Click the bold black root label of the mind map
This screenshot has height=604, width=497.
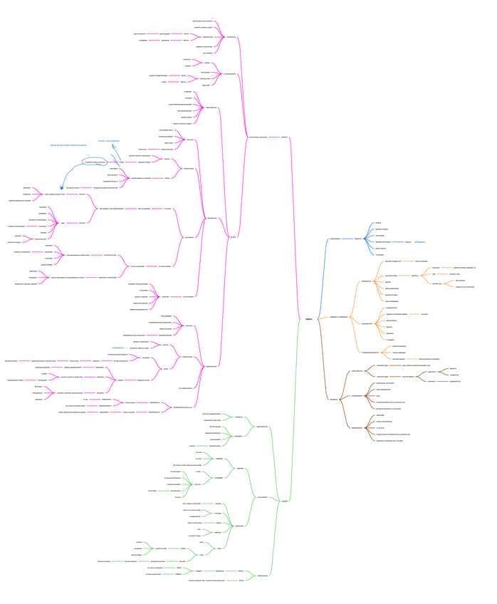coord(308,320)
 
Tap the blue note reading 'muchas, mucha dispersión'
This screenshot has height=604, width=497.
coord(109,141)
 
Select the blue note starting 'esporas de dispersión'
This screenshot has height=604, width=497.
coord(68,145)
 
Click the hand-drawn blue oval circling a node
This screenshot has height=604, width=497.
coord(95,162)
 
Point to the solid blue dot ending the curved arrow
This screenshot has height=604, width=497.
coord(62,188)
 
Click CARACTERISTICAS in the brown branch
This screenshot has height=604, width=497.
coord(357,396)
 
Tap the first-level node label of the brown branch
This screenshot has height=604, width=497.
coord(334,400)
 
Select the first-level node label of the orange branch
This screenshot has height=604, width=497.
coord(338,317)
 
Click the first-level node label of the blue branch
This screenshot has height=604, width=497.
coord(335,239)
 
